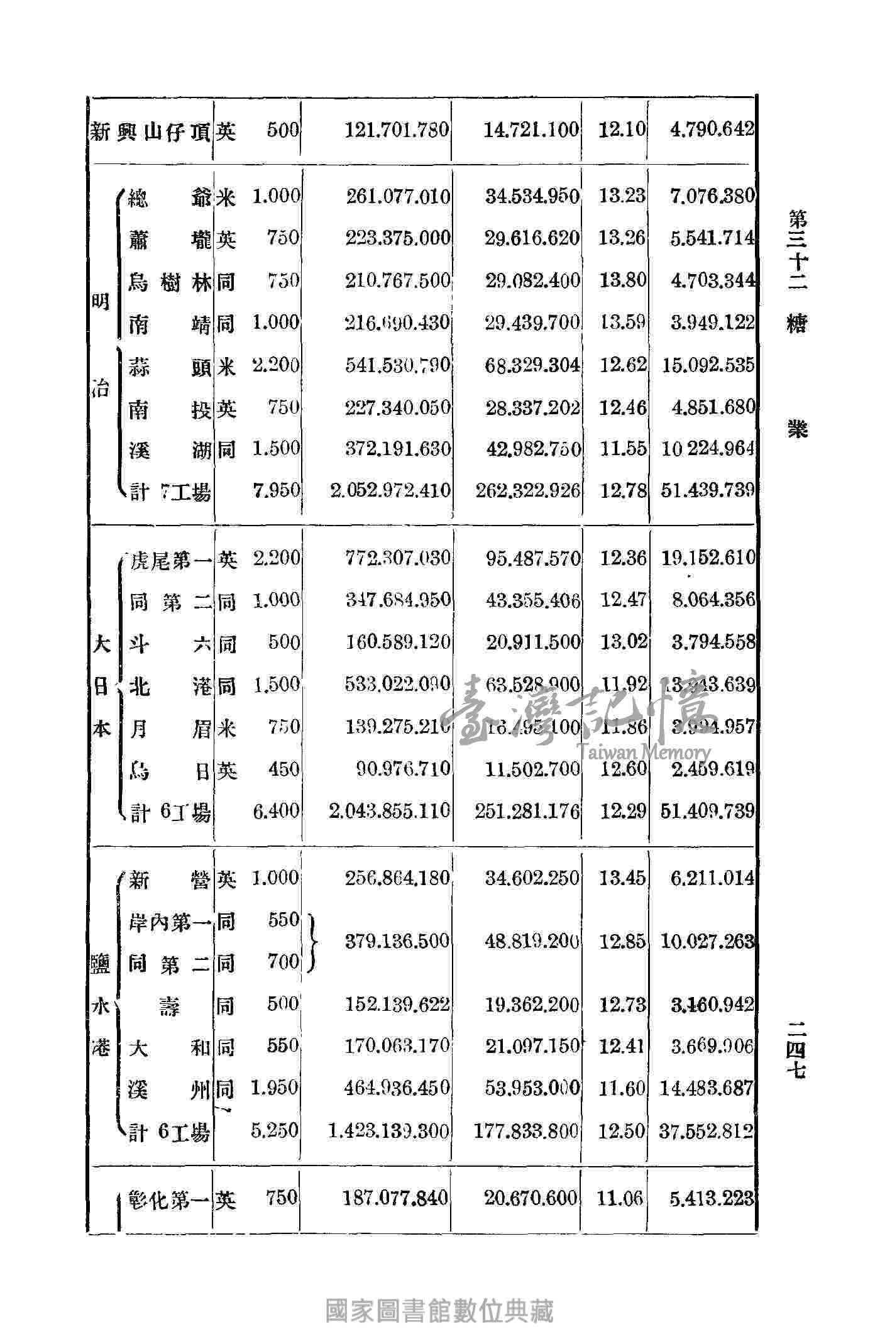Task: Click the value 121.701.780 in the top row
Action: coord(397,131)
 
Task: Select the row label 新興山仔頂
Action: coord(151,132)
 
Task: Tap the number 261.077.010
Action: coord(398,197)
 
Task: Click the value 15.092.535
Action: coord(707,365)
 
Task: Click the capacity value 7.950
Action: coord(276,490)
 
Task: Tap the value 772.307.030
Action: coord(398,558)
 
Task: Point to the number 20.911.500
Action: coord(532,642)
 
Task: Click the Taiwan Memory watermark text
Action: coord(641,751)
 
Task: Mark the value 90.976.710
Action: coord(403,768)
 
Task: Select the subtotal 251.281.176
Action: coord(527,811)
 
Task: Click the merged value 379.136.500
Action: coord(398,941)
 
